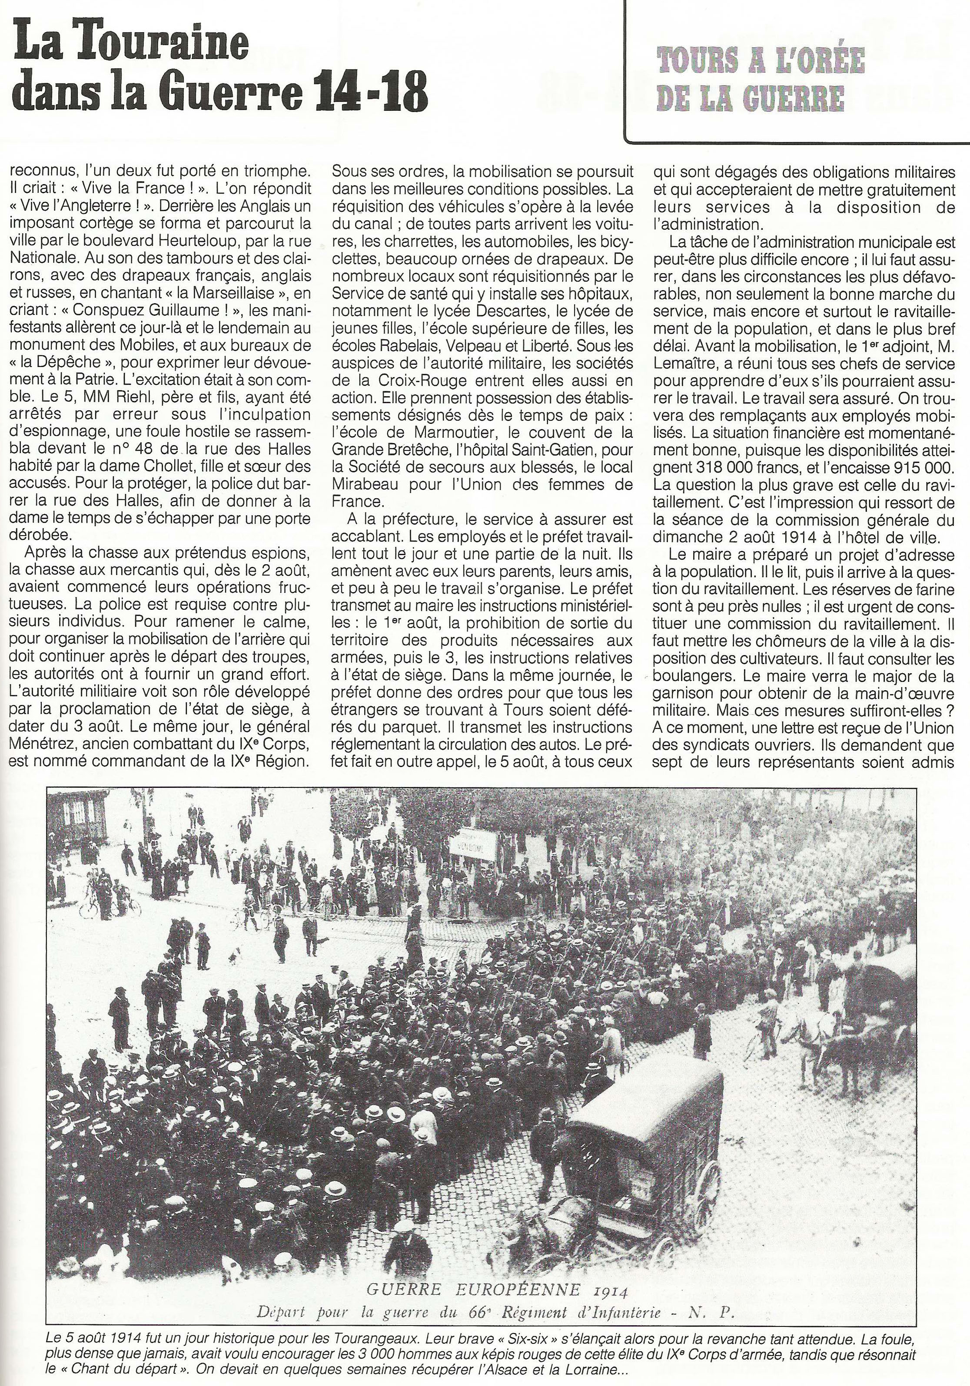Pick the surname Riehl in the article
click(146, 398)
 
